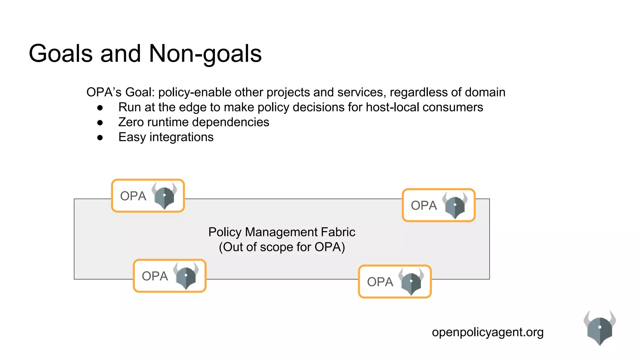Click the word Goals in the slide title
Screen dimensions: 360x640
pos(61,54)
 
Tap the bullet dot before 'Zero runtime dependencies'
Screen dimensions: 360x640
pos(100,122)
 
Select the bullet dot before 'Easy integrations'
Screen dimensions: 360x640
pos(100,137)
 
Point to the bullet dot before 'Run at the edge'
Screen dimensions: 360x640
pos(100,108)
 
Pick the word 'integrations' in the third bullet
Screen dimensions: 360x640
pos(182,137)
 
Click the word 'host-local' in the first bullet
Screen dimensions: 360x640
pos(392,107)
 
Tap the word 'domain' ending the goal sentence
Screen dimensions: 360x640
pos(485,92)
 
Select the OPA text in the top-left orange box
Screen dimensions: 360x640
pos(133,196)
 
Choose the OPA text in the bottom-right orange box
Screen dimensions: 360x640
pos(380,282)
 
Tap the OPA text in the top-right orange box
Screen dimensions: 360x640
pos(424,206)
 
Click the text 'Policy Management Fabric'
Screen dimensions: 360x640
pos(282,232)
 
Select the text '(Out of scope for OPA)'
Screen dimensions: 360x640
pos(282,247)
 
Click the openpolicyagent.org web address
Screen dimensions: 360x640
pos(487,332)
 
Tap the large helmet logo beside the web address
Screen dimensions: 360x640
pos(600,327)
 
